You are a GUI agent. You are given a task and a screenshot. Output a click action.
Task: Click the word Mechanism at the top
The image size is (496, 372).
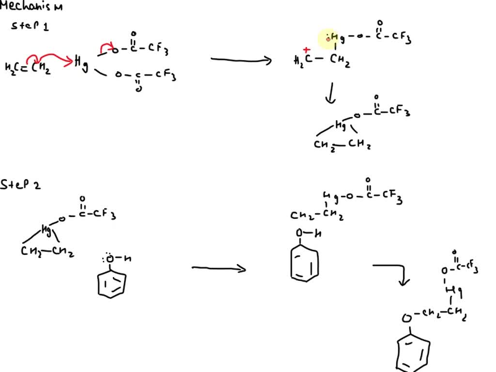tap(31, 7)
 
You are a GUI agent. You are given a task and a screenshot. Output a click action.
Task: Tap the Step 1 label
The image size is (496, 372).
tap(30, 26)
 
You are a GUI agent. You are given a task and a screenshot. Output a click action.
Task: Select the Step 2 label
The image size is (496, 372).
tap(20, 185)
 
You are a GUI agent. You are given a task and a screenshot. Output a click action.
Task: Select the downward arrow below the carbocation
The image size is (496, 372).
tap(330, 93)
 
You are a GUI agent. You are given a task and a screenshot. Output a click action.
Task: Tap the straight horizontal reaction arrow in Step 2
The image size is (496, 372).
tap(218, 268)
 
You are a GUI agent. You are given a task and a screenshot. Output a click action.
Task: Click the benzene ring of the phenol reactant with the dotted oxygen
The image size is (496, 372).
tap(112, 282)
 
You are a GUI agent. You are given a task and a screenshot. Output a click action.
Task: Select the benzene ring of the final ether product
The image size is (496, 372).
tap(412, 353)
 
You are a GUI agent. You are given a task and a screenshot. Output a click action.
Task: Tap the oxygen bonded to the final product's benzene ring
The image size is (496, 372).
tap(408, 318)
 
